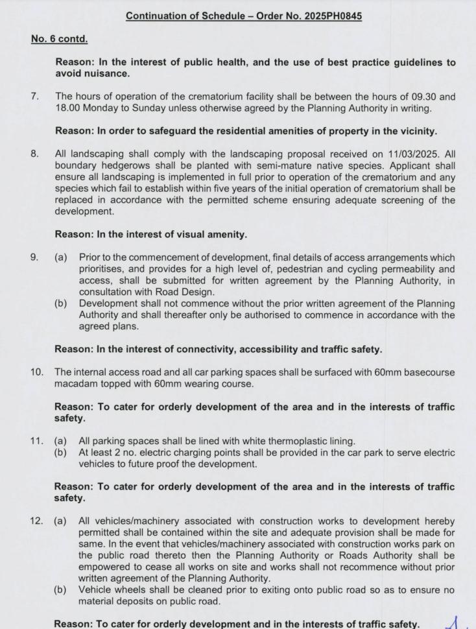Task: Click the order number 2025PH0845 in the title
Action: (x=330, y=14)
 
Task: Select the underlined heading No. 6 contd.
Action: (x=60, y=39)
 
